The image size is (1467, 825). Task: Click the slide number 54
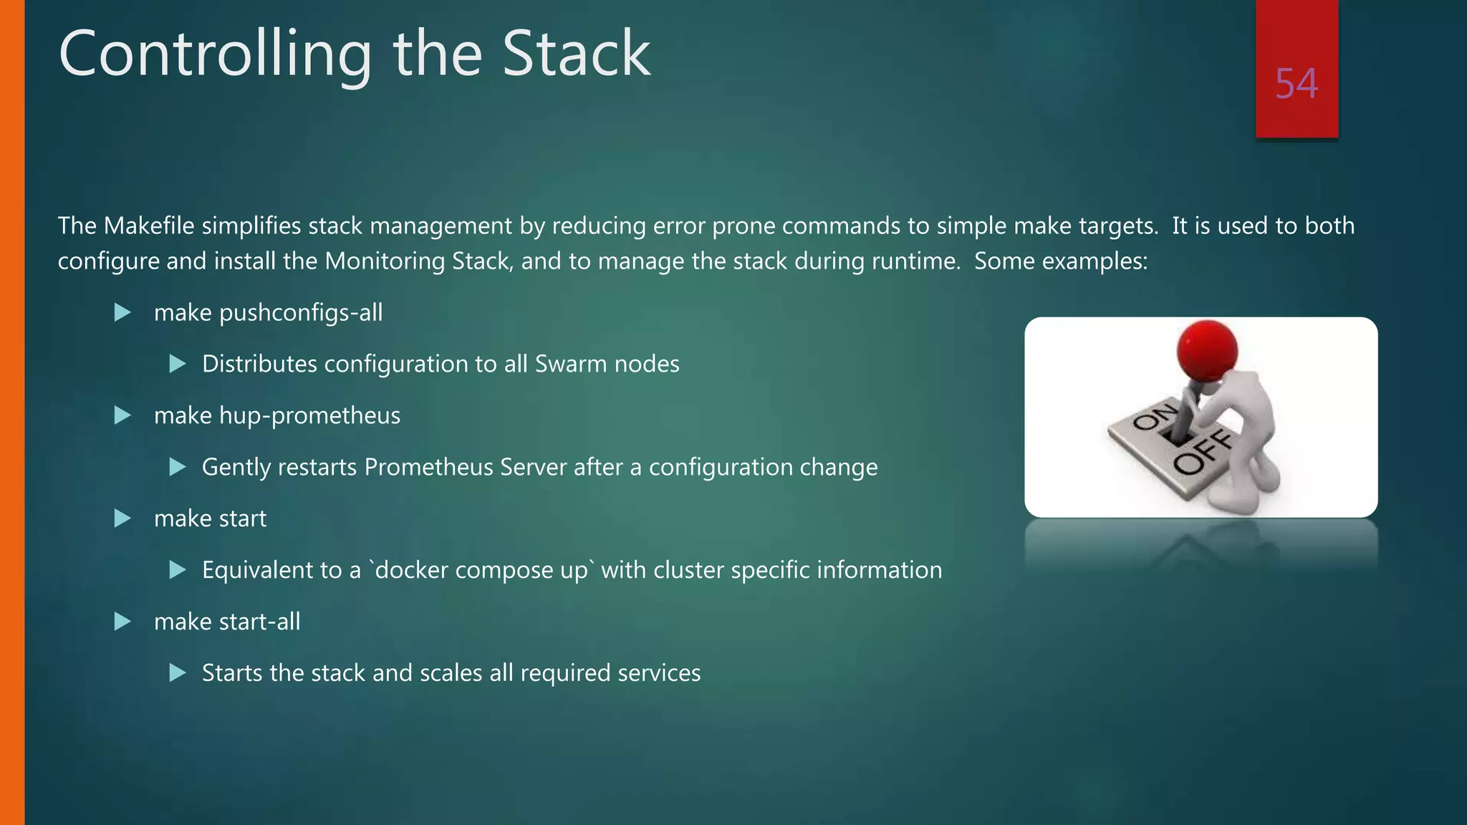pos(1296,84)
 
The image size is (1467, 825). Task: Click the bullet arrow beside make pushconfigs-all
pos(122,312)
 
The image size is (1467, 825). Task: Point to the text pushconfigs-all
pos(301,313)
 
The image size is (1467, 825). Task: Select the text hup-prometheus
pos(309,416)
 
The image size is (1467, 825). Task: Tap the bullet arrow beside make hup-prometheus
pos(122,415)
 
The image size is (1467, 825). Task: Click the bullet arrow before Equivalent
pos(178,570)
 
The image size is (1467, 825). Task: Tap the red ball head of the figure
pos(1207,349)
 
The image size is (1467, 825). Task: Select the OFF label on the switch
pos(1203,454)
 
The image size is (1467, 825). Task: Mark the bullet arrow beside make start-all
pos(122,622)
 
